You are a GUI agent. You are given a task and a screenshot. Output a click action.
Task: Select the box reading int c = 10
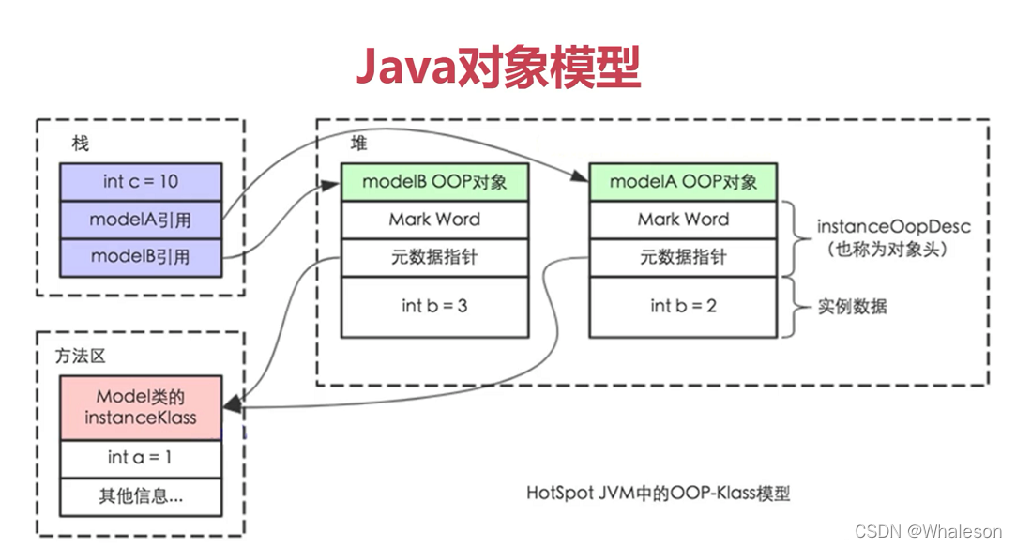click(141, 181)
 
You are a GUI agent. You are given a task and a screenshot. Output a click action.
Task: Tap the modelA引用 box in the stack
click(141, 220)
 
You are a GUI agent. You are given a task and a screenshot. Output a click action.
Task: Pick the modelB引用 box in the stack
click(141, 256)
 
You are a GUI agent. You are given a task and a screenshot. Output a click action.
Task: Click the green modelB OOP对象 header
click(434, 181)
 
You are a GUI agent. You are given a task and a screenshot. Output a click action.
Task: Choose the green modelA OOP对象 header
click(683, 181)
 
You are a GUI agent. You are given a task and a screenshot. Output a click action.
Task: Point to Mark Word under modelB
click(434, 220)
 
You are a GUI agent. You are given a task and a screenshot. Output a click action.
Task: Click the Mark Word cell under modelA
click(683, 220)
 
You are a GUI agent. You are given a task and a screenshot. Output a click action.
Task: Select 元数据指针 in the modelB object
click(434, 257)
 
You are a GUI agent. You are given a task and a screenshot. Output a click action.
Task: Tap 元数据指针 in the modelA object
click(683, 257)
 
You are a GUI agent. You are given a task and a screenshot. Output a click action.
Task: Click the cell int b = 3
click(434, 306)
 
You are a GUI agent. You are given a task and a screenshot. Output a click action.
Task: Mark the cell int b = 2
click(683, 306)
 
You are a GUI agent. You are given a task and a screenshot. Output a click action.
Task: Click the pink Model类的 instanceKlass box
click(141, 407)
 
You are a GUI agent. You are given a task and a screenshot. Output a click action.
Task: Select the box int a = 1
click(141, 458)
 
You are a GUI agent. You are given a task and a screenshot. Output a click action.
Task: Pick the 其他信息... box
click(141, 496)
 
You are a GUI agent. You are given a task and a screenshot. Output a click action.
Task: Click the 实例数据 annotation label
click(852, 306)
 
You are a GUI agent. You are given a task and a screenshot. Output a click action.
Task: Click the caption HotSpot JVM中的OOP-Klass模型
click(658, 493)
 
